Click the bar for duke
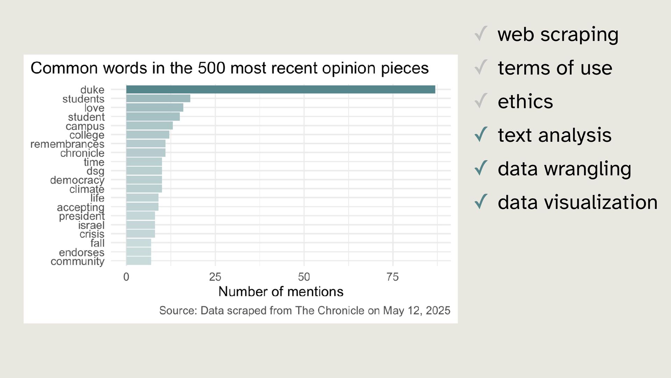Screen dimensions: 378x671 coord(281,90)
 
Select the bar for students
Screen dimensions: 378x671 coord(158,98)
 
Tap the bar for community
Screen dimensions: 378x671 coord(139,261)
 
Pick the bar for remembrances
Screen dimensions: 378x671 coord(146,143)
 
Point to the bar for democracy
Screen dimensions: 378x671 coord(144,180)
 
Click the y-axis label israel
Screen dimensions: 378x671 coord(91,225)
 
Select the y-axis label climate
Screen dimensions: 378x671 coord(87,189)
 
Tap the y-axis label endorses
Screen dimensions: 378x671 coord(81,252)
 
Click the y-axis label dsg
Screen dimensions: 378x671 coord(95,171)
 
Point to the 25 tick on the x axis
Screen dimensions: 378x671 coord(215,277)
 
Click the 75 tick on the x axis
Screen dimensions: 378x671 coord(392,277)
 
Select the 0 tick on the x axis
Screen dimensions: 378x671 coord(126,277)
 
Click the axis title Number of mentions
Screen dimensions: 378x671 coord(281,292)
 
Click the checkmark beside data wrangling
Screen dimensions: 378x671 coord(481,168)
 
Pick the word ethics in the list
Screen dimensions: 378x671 coord(525,101)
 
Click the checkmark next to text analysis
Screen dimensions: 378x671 coord(481,134)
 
